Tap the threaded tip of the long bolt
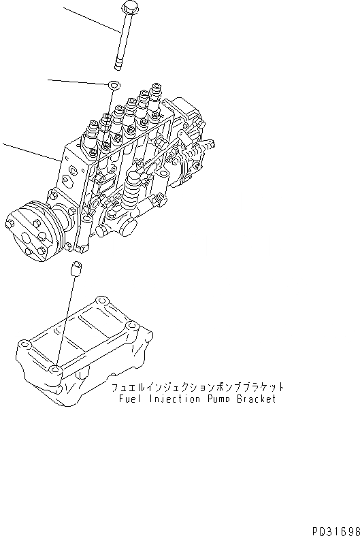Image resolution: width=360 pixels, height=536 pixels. tap(119, 64)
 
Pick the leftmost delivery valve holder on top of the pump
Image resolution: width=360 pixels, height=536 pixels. tap(88, 131)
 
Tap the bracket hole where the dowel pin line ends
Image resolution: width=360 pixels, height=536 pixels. tap(55, 370)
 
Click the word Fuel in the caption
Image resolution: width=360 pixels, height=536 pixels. tap(127, 399)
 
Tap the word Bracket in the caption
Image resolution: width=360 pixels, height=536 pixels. tap(256, 399)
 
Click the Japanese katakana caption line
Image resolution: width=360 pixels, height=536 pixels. tap(197, 387)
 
